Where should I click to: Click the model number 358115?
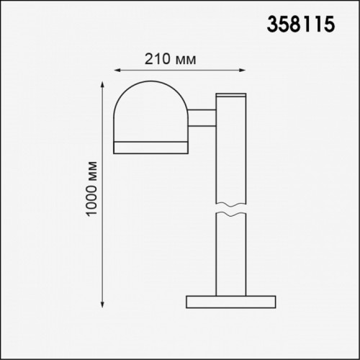coord(301,24)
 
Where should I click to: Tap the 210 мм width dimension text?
coord(171,59)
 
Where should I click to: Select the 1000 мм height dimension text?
coord(91,189)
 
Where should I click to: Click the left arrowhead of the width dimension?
coord(117,71)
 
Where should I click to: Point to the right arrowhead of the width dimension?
coord(243,71)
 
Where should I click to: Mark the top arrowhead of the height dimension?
coord(102,85)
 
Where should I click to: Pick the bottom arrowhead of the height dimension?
coord(102,305)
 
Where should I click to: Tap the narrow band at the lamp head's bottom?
coord(150,148)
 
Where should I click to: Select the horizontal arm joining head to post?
coord(202,118)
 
